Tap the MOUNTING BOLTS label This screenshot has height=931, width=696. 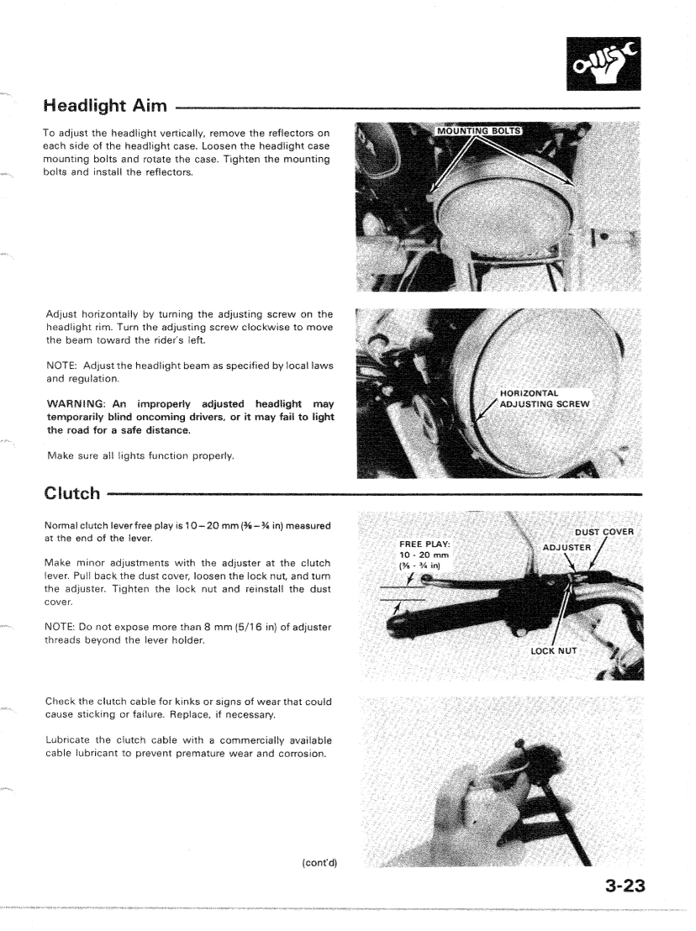(477, 130)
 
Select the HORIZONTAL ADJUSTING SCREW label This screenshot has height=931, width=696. (544, 398)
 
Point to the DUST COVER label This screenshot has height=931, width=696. (605, 531)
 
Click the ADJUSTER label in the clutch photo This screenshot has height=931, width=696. (567, 547)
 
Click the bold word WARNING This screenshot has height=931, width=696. (77, 404)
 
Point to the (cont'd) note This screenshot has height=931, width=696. (319, 864)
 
